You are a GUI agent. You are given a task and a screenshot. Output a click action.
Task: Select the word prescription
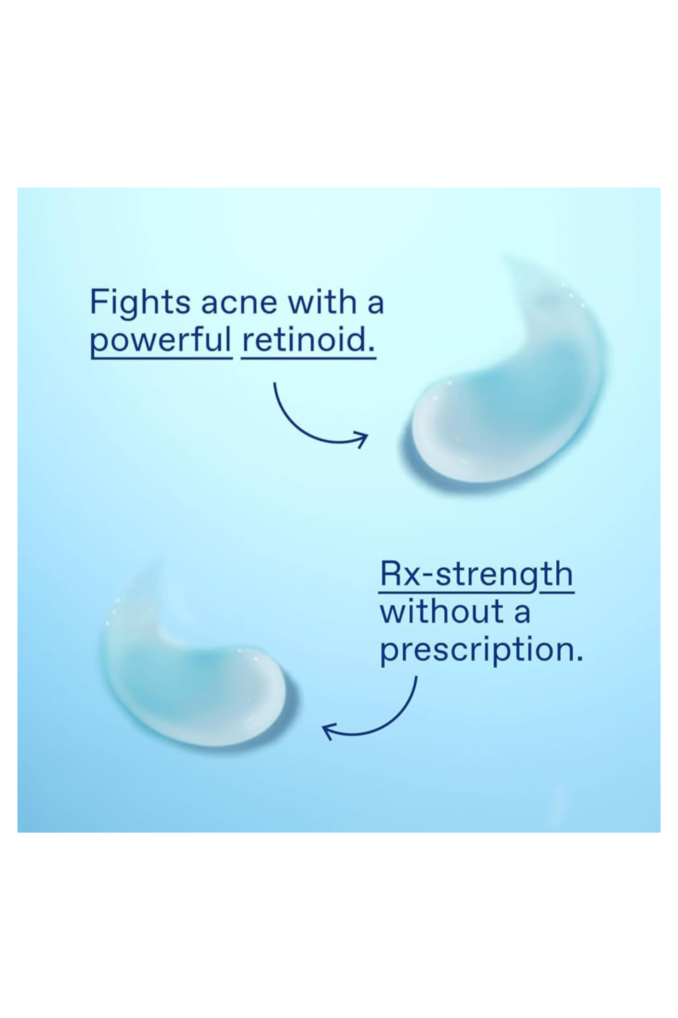click(x=481, y=651)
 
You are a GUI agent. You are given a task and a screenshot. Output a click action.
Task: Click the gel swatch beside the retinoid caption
click(x=504, y=381)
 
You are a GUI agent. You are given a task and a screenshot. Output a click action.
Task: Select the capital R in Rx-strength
click(x=390, y=573)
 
